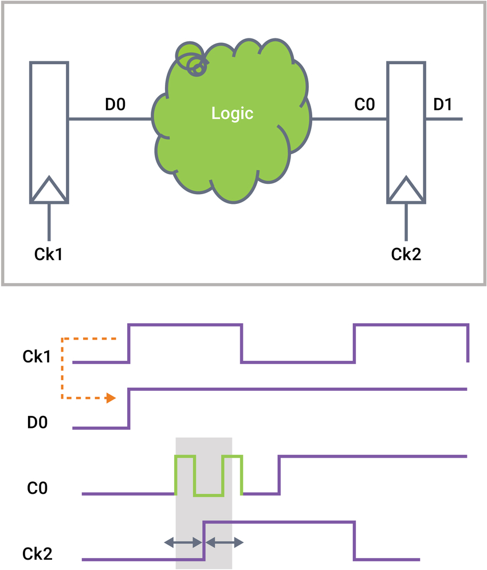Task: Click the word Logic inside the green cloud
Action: click(232, 113)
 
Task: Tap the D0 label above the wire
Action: click(115, 105)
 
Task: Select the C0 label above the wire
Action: click(364, 105)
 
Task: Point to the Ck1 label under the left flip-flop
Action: click(49, 254)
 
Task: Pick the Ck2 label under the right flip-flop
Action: click(406, 254)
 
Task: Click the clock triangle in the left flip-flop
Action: click(49, 190)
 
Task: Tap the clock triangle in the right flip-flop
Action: click(407, 190)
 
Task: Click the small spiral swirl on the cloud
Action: click(193, 62)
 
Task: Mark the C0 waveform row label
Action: click(37, 488)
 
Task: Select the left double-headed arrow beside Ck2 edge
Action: click(183, 541)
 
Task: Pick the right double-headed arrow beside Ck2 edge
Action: click(225, 541)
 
